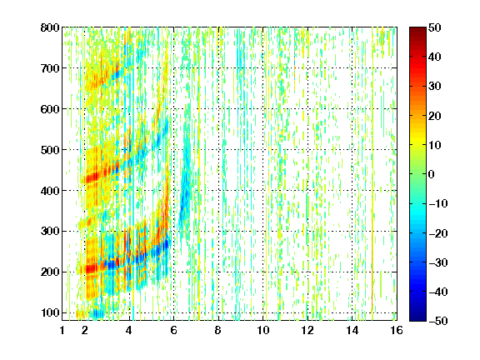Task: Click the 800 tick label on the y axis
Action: point(50,27)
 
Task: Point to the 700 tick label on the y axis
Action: point(50,68)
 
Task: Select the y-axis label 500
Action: point(50,150)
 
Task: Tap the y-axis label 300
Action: point(50,232)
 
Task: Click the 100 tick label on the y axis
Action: point(50,312)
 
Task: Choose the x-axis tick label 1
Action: point(62,330)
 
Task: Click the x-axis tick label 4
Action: point(129,330)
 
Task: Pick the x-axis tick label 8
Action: point(217,330)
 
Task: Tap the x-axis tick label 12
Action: point(307,330)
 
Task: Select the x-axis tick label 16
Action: point(397,330)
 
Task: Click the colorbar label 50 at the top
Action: point(434,27)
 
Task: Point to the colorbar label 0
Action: point(432,174)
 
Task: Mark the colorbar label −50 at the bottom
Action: point(438,321)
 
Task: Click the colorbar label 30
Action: point(434,87)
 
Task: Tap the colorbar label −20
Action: point(438,233)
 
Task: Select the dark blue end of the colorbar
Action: point(417,318)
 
